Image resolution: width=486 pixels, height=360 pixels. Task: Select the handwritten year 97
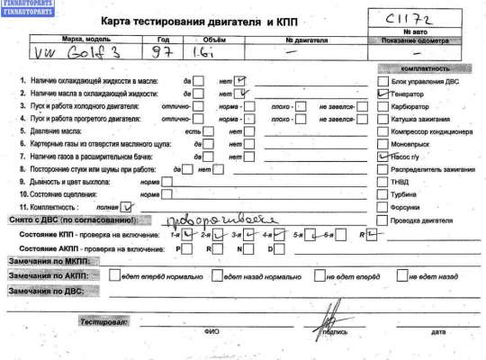click(x=162, y=56)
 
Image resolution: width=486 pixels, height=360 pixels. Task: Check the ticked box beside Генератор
click(x=382, y=92)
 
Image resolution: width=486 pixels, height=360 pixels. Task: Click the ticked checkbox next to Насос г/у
click(x=382, y=156)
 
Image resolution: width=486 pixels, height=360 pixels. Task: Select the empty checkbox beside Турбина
click(x=382, y=193)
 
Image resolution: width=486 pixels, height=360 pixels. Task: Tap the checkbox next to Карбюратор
click(x=382, y=104)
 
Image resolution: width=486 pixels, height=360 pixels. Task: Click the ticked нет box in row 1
click(x=240, y=80)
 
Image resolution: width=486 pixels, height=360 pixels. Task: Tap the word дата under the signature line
click(x=437, y=331)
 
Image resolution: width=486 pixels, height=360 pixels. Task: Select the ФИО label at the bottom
click(x=211, y=331)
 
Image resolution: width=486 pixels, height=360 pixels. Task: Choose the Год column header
click(x=162, y=40)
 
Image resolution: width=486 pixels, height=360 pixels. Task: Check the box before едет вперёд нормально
click(x=114, y=274)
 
